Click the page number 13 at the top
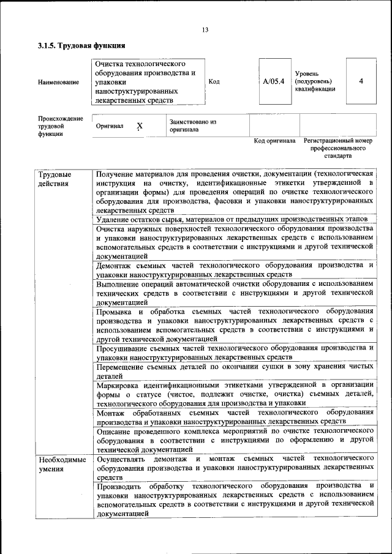[x=205, y=31]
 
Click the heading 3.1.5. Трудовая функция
[x=81, y=45]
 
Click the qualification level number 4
[x=361, y=81]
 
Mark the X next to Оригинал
[x=140, y=126]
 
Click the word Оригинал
[x=110, y=126]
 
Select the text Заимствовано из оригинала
[x=193, y=125]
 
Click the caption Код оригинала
[x=275, y=141]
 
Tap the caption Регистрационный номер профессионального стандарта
[x=338, y=148]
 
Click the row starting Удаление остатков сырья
[x=232, y=219]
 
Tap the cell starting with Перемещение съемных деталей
[x=235, y=371]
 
